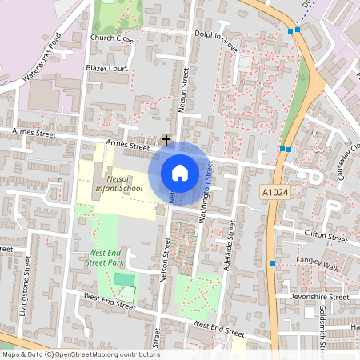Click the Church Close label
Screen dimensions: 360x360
pyautogui.click(x=111, y=38)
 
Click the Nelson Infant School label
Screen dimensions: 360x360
pyautogui.click(x=118, y=183)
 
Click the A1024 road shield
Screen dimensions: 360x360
pyautogui.click(x=273, y=193)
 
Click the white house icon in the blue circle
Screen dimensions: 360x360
pyautogui.click(x=180, y=172)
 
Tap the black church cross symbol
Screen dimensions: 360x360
pyautogui.click(x=166, y=140)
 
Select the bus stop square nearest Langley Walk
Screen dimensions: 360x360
pyautogui.click(x=273, y=263)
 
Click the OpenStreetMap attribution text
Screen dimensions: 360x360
pyautogui.click(x=80, y=354)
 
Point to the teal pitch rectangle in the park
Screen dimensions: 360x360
pyautogui.click(x=124, y=278)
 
